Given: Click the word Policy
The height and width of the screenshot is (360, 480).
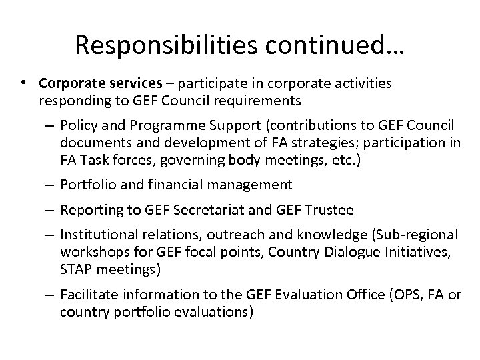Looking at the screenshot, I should (77, 125).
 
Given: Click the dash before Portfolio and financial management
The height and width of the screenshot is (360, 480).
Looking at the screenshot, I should (50, 184).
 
